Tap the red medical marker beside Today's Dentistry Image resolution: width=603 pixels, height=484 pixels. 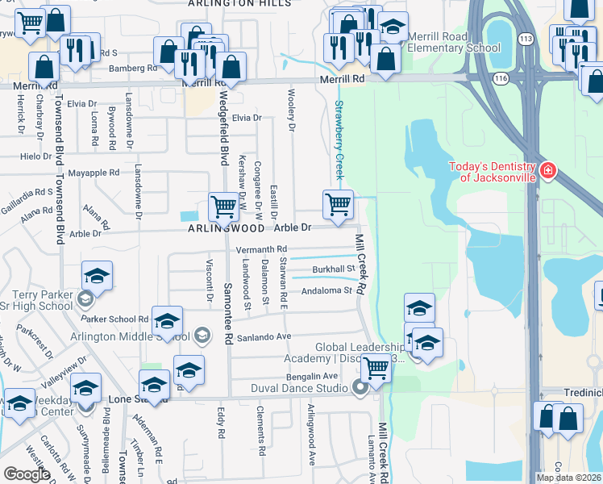548,170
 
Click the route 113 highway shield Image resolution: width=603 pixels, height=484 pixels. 526,38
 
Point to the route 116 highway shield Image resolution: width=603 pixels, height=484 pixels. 501,78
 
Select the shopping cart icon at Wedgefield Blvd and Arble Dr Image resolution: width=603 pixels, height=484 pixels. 223,206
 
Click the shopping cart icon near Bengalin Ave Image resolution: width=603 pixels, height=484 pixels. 376,368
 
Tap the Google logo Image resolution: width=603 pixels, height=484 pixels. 27,474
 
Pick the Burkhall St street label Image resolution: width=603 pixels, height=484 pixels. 334,269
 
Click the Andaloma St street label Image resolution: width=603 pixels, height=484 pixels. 326,290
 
